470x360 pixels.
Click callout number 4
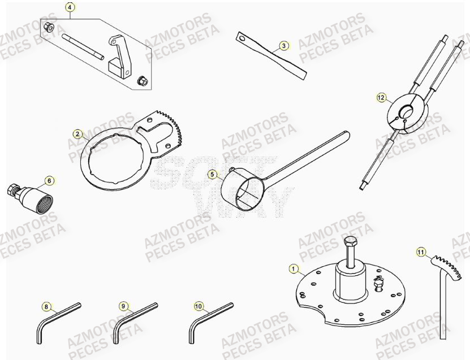[x=70, y=7]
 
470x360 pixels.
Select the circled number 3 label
[x=283, y=45]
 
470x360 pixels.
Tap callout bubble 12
[x=381, y=98]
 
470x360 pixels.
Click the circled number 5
[x=212, y=175]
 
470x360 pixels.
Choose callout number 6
[x=49, y=180]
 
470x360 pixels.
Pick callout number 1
[x=293, y=268]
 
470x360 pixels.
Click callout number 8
[x=46, y=306]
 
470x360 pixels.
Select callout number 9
[x=123, y=306]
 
